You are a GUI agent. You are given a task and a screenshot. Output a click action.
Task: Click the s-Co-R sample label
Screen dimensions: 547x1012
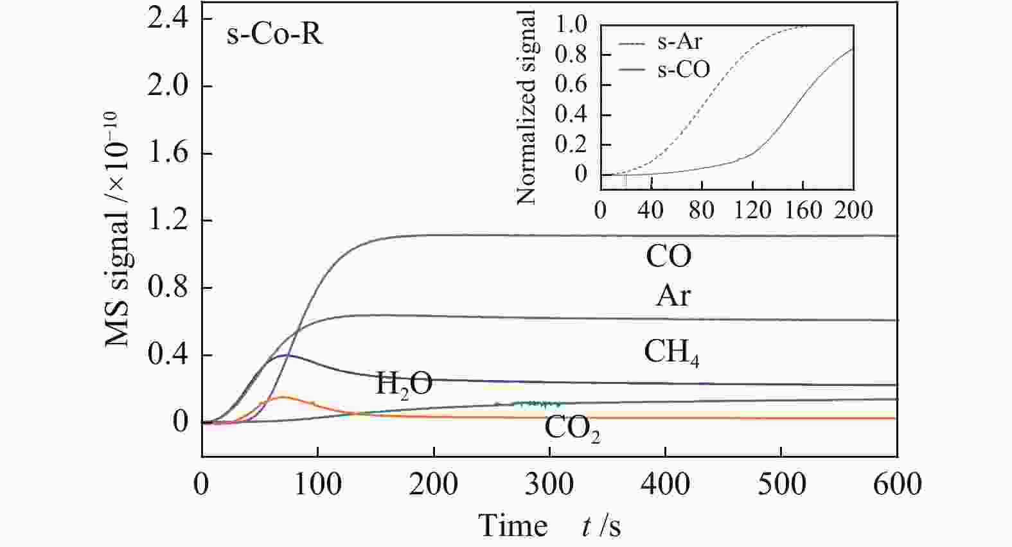tap(274, 34)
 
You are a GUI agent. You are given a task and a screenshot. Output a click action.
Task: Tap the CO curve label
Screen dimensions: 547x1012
tap(668, 256)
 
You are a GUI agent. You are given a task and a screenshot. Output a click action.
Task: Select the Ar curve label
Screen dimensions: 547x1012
tap(673, 296)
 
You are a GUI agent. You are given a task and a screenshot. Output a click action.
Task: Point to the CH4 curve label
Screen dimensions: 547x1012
tap(671, 352)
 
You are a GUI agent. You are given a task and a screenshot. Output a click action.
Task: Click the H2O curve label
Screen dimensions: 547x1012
tap(404, 384)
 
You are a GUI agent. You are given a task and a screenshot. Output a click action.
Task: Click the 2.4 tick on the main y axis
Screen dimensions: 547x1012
tap(168, 19)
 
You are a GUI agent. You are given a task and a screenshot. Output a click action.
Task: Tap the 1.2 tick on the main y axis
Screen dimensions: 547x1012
tap(168, 220)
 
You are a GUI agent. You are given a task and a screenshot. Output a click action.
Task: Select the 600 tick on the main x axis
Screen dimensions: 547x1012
tap(897, 483)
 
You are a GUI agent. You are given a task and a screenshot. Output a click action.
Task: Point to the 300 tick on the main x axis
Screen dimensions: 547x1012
tap(549, 483)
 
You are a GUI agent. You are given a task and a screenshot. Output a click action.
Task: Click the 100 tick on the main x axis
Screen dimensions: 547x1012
tap(318, 483)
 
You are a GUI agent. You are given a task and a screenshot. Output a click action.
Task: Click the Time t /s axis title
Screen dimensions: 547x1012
tap(549, 526)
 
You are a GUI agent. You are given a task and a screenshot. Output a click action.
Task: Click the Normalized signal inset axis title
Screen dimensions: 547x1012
tap(526, 107)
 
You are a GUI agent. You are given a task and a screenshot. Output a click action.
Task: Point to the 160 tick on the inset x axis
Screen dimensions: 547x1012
tap(803, 210)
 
